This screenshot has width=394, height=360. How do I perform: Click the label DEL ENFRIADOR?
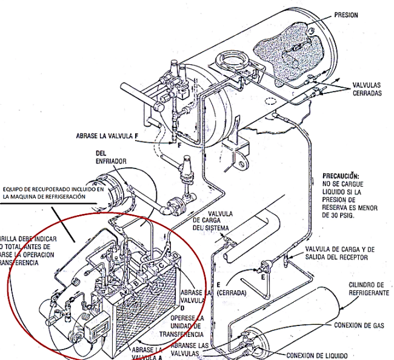109,156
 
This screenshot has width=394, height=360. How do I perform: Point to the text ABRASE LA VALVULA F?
108,136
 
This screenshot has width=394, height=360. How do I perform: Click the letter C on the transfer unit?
161,267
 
